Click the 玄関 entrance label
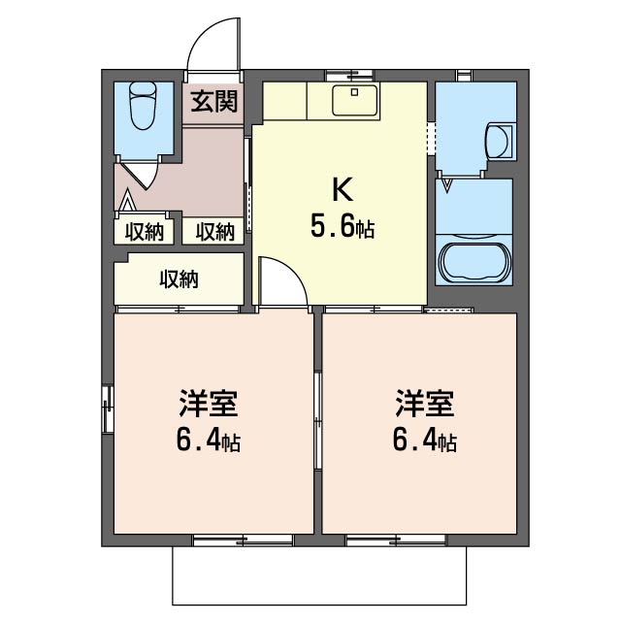[x=213, y=101]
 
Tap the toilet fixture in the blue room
[x=143, y=106]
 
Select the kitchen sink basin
[x=355, y=100]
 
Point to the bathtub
[x=474, y=262]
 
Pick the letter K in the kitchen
[x=343, y=190]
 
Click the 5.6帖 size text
[x=343, y=227]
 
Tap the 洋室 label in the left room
[x=209, y=404]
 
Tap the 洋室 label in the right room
[x=425, y=404]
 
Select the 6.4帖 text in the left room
[x=209, y=441]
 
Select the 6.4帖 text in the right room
[x=425, y=441]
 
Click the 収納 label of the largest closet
[x=179, y=279]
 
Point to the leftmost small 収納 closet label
[x=145, y=232]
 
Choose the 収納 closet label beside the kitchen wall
[x=215, y=232]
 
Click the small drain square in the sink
[x=354, y=93]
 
